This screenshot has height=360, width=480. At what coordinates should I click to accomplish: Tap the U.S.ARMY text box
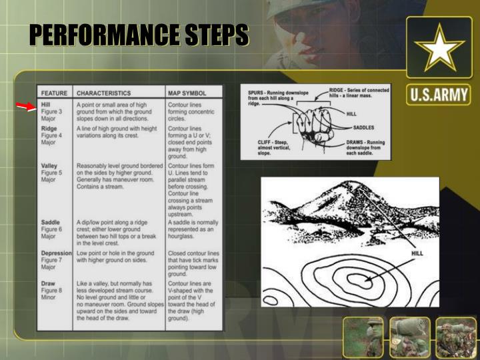[x=439, y=95]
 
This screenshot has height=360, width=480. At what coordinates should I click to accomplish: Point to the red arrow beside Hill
[x=26, y=107]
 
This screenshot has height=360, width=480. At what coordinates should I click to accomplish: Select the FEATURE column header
[x=54, y=93]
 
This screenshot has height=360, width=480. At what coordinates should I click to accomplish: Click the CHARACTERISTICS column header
[x=103, y=93]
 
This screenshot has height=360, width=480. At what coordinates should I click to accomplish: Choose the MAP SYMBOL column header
[x=187, y=93]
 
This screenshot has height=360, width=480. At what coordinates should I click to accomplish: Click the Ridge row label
[x=49, y=127]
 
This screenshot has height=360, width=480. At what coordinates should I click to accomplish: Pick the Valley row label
[x=50, y=165]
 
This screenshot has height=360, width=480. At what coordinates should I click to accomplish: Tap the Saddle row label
[x=51, y=222]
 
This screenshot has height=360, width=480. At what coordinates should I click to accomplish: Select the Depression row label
[x=56, y=253]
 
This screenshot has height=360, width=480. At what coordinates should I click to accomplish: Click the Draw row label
[x=48, y=284]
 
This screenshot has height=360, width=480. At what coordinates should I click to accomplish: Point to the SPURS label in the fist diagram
[x=257, y=90]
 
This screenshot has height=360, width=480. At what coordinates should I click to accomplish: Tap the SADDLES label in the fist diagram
[x=364, y=127]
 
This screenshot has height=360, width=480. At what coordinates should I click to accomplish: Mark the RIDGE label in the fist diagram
[x=341, y=89]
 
